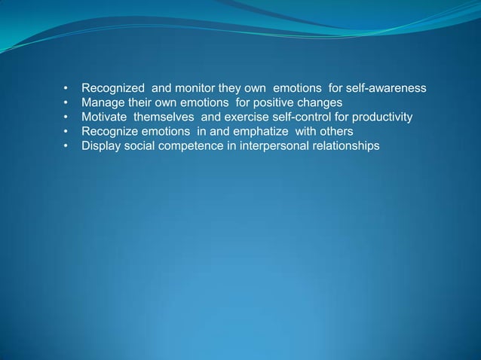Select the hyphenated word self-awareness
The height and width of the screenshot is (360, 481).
[x=386, y=89]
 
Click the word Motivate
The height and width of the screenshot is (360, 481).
[x=105, y=117]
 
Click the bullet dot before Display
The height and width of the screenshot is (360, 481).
[x=67, y=145]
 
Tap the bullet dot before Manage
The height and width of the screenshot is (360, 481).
[x=67, y=103]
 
